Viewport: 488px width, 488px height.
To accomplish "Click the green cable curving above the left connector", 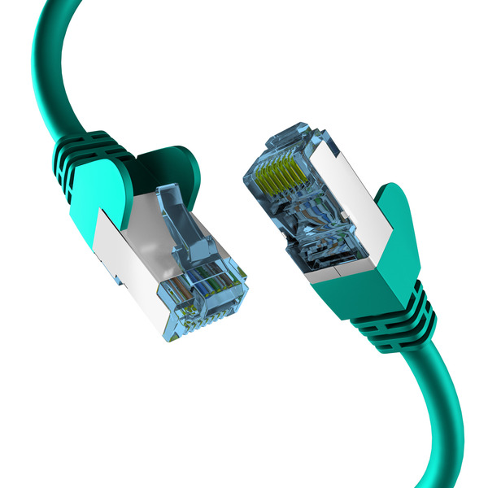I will [49, 65].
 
